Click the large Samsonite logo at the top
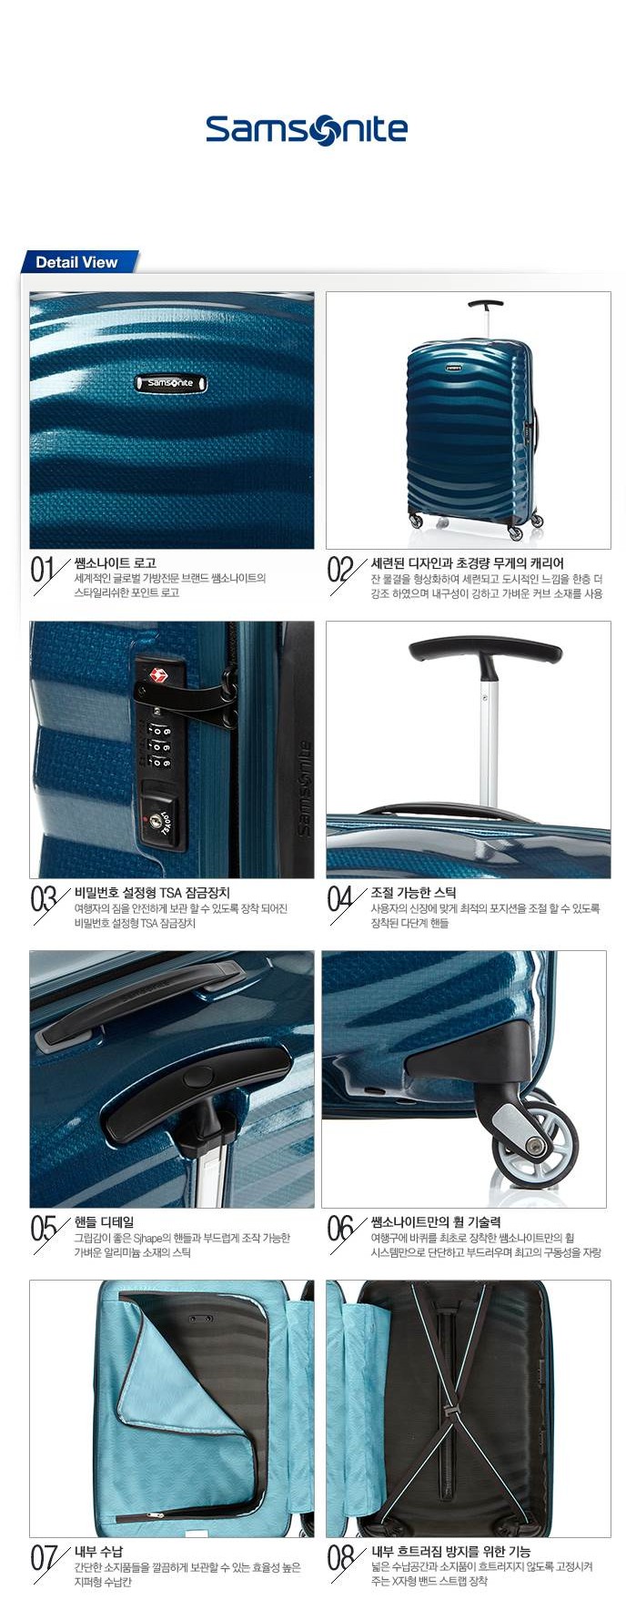coord(307,129)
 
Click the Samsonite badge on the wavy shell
coord(171,383)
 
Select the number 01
coord(44,571)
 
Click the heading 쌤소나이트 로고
coord(115,563)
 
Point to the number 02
coord(340,571)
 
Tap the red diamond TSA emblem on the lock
coord(159,674)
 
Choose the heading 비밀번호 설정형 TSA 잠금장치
coord(152,893)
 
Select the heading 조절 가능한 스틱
coord(414,893)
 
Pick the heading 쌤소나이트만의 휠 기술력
coord(436,1222)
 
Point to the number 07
coord(44,1559)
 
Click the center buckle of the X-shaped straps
coord(448,1412)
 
